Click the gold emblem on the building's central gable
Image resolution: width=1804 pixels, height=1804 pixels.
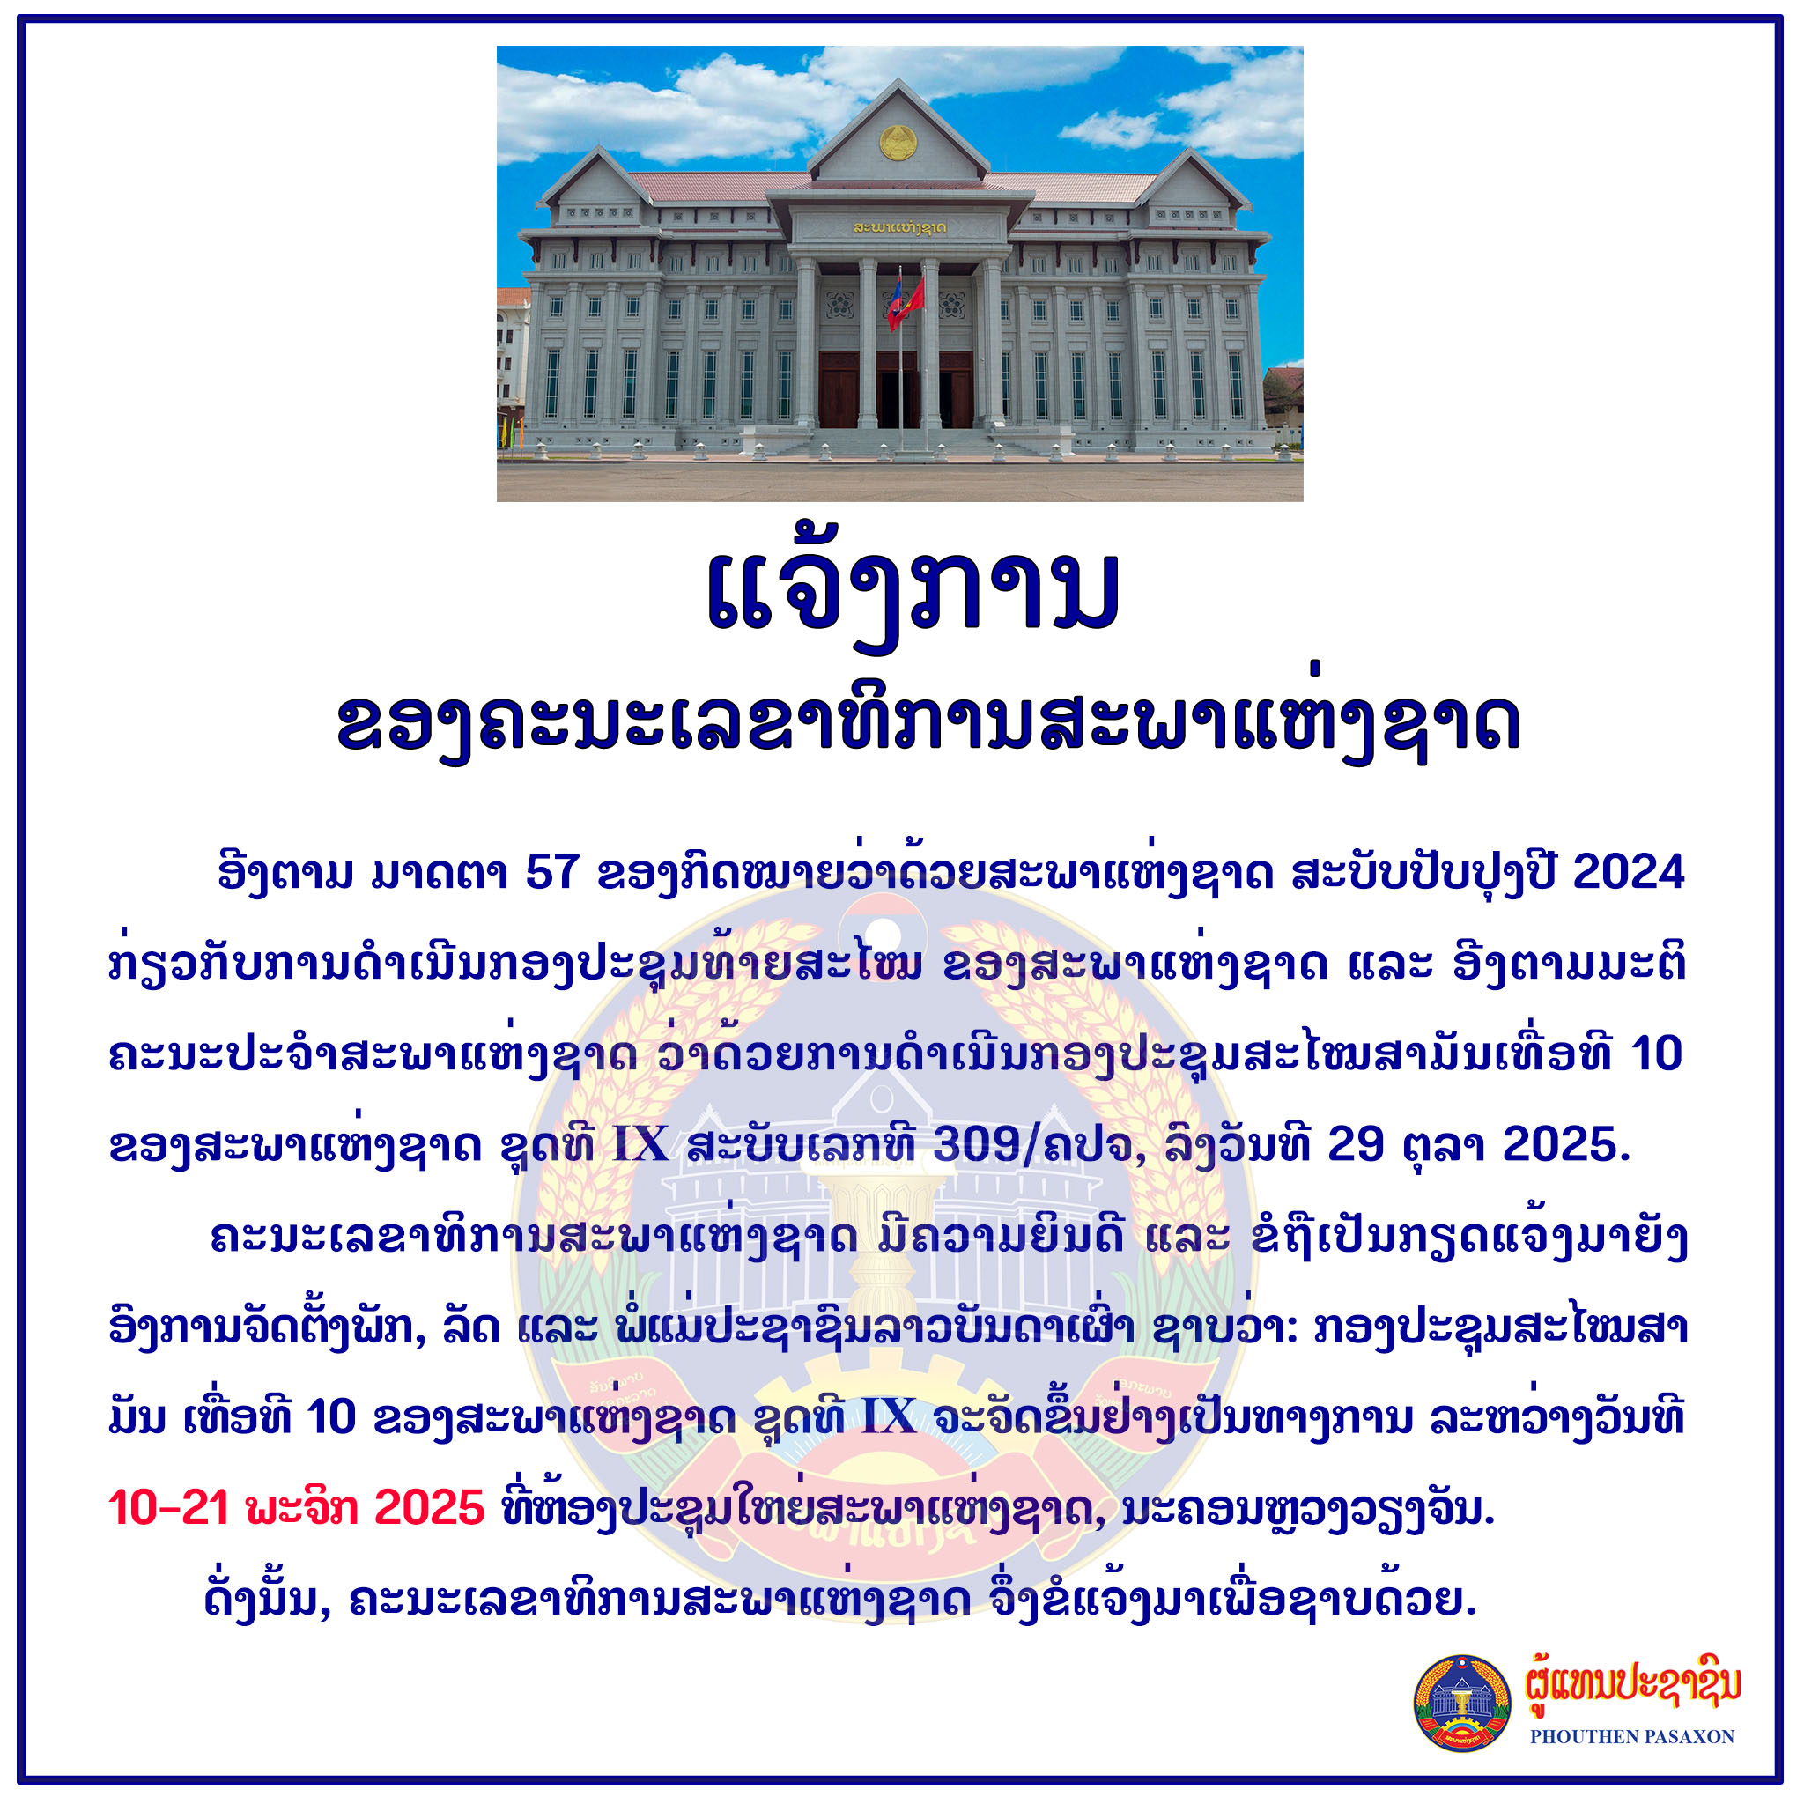[898, 142]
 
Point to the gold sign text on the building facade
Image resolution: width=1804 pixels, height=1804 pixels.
[899, 227]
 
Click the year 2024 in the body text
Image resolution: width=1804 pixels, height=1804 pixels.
[1629, 872]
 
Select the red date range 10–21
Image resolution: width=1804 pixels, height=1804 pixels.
[169, 1508]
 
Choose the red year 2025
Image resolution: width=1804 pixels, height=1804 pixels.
[430, 1508]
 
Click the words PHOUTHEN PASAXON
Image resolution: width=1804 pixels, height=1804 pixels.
[1632, 1737]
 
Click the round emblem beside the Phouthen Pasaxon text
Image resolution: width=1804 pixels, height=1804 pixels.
[1462, 1704]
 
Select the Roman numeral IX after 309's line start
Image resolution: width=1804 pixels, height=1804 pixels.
[640, 1144]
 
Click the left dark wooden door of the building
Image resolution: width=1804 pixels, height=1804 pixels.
[838, 390]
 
